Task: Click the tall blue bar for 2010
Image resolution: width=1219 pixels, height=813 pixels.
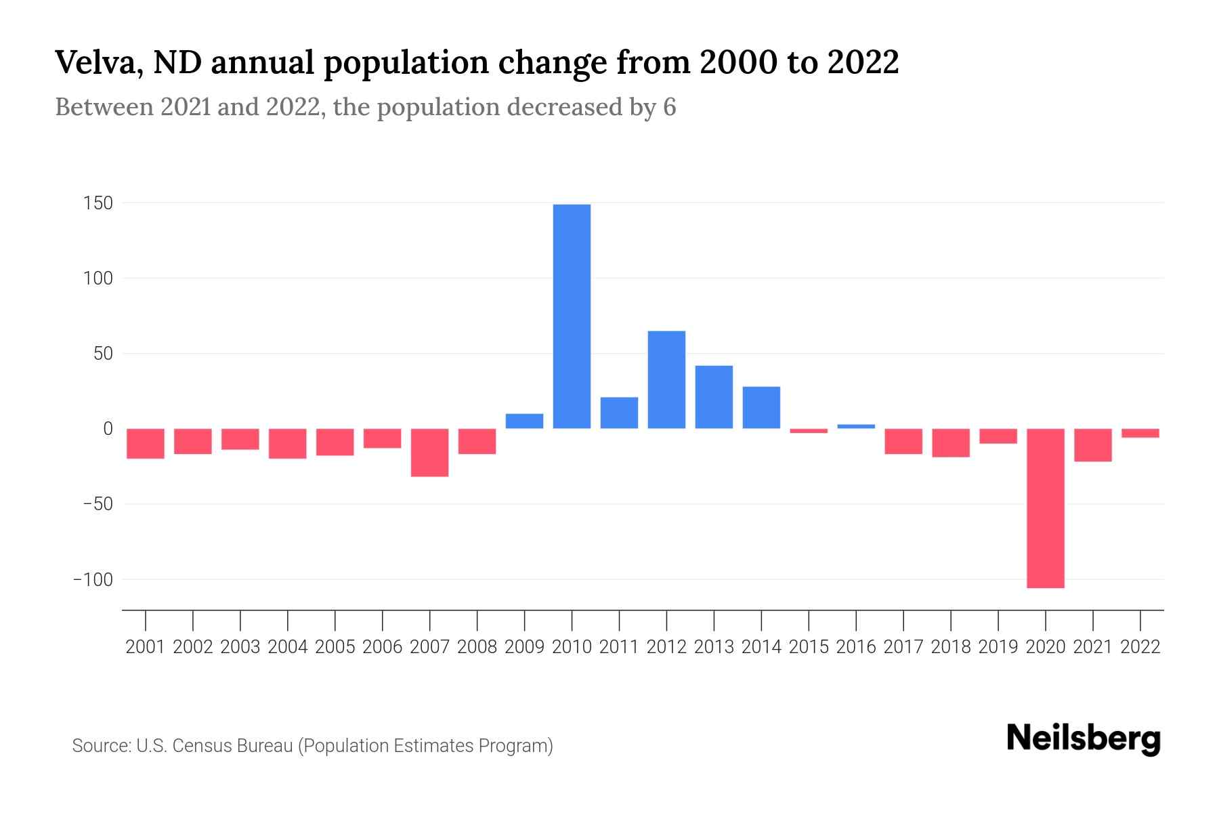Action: point(572,316)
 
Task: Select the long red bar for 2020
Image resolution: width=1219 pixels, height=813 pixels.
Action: point(1045,508)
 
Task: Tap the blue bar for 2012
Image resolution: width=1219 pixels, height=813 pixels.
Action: point(666,379)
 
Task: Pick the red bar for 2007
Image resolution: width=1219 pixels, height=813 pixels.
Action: point(429,453)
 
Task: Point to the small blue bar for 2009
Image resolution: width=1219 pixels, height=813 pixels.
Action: point(524,421)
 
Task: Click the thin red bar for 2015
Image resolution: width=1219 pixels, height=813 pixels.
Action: point(809,431)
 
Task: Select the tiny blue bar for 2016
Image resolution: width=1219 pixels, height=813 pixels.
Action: point(856,426)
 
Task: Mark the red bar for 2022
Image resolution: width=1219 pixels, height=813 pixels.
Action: point(1140,433)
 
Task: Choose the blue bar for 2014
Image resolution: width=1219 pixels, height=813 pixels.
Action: point(761,407)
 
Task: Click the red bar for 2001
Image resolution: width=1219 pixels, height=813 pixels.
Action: point(146,444)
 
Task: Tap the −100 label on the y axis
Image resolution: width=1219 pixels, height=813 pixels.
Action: point(93,580)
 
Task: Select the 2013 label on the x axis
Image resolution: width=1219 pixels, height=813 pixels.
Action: point(714,647)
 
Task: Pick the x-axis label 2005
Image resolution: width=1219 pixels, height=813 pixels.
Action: point(335,647)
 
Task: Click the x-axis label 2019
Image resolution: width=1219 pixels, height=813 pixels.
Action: point(998,647)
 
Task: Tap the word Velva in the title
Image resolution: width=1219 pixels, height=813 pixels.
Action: point(98,62)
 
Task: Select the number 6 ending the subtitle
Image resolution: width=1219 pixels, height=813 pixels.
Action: point(669,108)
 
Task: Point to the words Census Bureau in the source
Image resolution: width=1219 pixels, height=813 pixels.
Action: point(232,746)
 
